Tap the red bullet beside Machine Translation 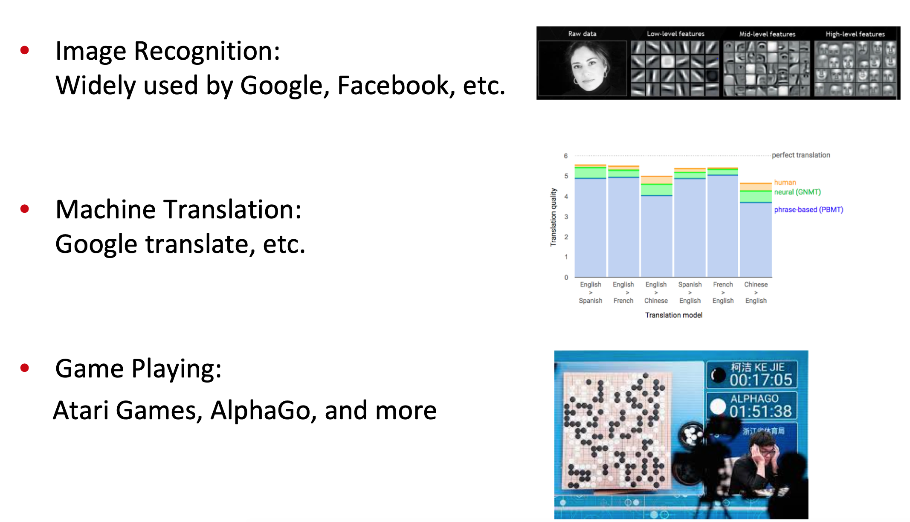[x=25, y=209]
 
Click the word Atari [x=81, y=410]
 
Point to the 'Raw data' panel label [x=582, y=34]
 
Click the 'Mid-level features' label [x=767, y=34]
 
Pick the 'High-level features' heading [x=855, y=34]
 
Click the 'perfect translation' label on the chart [x=801, y=155]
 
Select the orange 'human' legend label [x=785, y=183]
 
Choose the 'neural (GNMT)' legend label [x=797, y=192]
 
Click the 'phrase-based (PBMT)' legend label [x=809, y=210]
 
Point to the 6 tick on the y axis [x=566, y=156]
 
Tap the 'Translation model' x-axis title [x=674, y=315]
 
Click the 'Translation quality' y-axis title [x=554, y=217]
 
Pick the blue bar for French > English [x=723, y=226]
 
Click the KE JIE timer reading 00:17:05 [x=761, y=380]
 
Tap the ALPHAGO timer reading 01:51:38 [x=761, y=411]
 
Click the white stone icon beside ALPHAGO [x=718, y=406]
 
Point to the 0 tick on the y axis [x=566, y=278]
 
